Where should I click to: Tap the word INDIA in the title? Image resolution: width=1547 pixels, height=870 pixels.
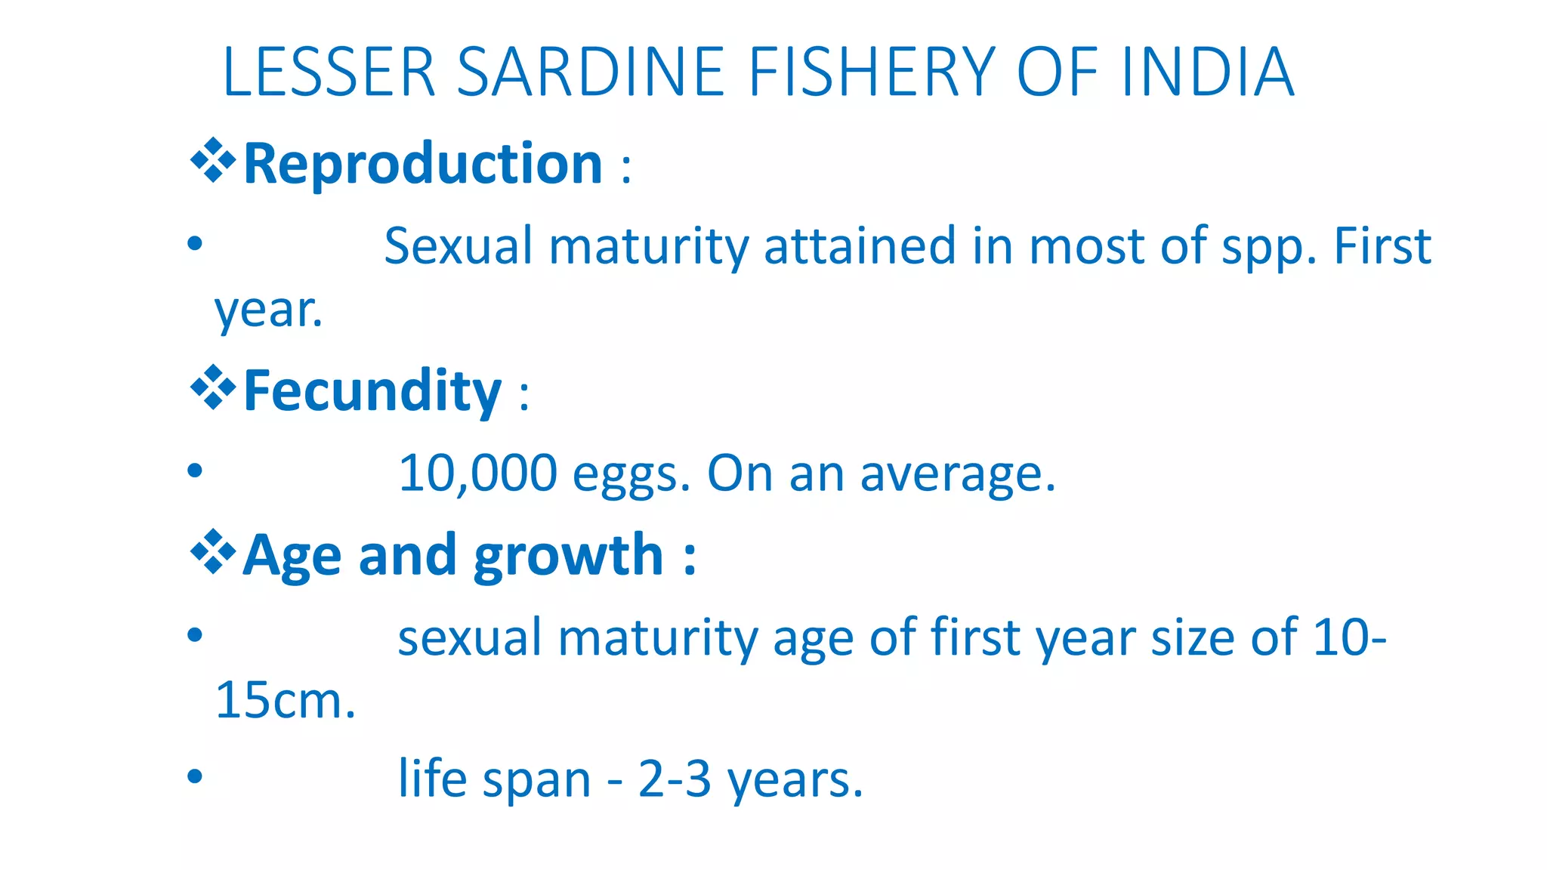(x=1208, y=72)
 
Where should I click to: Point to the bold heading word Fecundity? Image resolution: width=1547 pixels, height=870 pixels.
(x=372, y=390)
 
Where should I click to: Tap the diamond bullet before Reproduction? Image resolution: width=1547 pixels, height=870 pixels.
(x=213, y=160)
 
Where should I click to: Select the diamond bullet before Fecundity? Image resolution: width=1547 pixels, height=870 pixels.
(x=213, y=387)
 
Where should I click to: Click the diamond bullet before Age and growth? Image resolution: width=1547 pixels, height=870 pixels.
(x=213, y=552)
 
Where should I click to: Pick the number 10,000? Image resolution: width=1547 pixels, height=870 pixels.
(x=477, y=474)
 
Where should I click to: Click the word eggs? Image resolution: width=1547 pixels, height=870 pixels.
(x=631, y=476)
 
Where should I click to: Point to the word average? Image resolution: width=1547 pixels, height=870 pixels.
(x=957, y=476)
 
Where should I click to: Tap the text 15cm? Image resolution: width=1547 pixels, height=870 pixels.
(x=285, y=701)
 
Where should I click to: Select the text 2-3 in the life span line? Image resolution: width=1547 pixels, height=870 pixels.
(x=675, y=779)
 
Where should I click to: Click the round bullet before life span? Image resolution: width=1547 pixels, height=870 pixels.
(x=195, y=776)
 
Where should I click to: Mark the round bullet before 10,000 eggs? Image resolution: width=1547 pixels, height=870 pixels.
(x=195, y=470)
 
